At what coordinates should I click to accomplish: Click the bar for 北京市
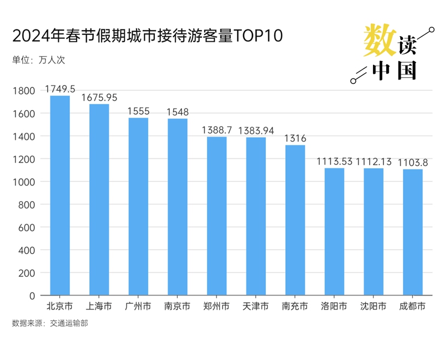coord(60,196)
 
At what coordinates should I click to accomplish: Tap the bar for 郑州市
coord(216,216)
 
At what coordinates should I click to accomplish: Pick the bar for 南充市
coord(295,220)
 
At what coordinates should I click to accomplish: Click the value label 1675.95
coord(99,97)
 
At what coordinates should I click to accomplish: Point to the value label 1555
coord(138,111)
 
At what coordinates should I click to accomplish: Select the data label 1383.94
coord(256,131)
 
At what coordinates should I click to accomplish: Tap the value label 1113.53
coord(334,162)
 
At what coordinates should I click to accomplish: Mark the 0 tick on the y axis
coord(32,296)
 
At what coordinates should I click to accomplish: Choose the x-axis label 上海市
coord(99,306)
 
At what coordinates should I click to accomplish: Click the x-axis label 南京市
coord(178,306)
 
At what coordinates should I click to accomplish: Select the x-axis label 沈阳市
coord(373,306)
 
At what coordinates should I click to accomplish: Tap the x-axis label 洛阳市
coord(334,306)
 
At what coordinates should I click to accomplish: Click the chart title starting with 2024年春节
coord(148,37)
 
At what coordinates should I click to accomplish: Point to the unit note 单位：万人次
coord(38,60)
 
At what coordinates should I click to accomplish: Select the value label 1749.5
coord(60,88)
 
